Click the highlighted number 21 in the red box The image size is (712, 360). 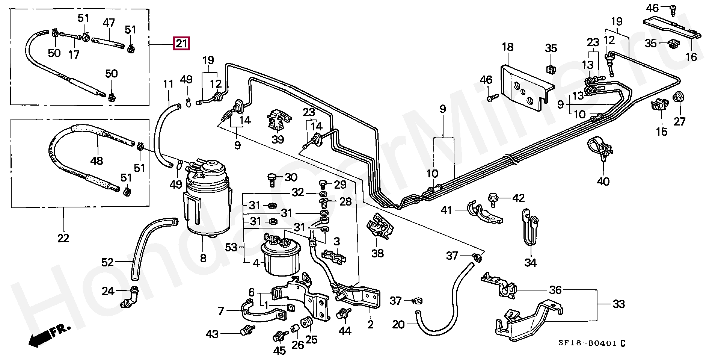click(181, 44)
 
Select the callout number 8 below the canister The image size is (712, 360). click(203, 259)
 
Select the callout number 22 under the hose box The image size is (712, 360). click(63, 238)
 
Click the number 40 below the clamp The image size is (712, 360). click(603, 181)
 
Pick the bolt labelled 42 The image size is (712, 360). click(493, 199)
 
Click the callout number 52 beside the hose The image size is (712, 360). click(107, 262)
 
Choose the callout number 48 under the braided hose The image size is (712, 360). click(96, 161)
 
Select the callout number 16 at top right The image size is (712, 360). click(691, 57)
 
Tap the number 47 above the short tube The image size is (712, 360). click(109, 23)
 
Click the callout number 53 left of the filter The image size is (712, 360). click(232, 247)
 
